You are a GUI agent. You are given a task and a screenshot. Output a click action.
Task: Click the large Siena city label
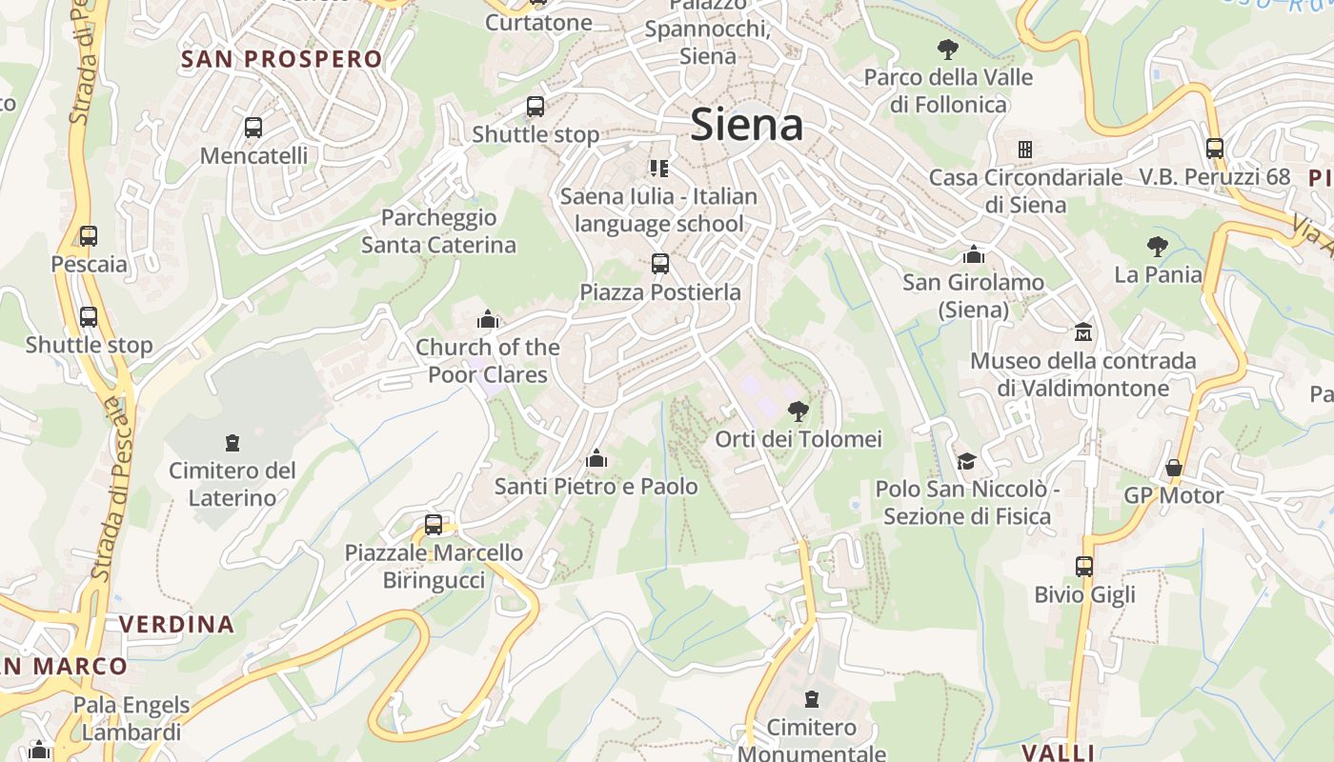coord(746,125)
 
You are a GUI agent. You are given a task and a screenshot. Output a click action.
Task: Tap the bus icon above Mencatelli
coord(253,128)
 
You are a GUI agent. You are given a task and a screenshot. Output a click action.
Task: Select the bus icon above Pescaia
coord(89,236)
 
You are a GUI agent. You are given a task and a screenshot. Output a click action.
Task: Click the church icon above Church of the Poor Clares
coord(488,319)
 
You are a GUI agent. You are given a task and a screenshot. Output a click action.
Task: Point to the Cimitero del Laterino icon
coord(232,443)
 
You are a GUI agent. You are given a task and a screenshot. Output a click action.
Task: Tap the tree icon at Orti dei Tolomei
coord(798,411)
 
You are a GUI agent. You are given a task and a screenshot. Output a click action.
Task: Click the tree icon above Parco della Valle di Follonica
coord(947,50)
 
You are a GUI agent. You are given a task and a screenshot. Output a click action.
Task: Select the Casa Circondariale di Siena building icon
coord(1025,150)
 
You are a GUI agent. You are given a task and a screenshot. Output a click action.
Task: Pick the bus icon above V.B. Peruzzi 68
coord(1215,149)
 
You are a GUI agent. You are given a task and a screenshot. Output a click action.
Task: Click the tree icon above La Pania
coord(1158,248)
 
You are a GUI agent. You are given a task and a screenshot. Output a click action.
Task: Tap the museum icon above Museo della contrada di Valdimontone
coord(1083,333)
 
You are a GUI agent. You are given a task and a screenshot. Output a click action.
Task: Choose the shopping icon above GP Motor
coord(1174,468)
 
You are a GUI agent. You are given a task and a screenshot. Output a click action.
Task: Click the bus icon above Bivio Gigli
coord(1084,567)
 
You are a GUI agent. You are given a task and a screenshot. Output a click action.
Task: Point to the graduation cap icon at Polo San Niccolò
coord(966,461)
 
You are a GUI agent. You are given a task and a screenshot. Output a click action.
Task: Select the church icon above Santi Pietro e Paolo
coord(596,459)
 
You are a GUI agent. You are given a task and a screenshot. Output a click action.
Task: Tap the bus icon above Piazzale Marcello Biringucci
coord(434,525)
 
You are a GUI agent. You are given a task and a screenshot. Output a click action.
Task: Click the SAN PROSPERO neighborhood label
coord(282,59)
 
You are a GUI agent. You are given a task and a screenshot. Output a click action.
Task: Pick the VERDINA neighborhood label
coord(176,625)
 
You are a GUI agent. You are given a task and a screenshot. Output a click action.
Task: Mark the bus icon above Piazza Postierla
coord(660,264)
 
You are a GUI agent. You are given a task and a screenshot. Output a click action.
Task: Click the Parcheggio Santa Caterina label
coord(438,231)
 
